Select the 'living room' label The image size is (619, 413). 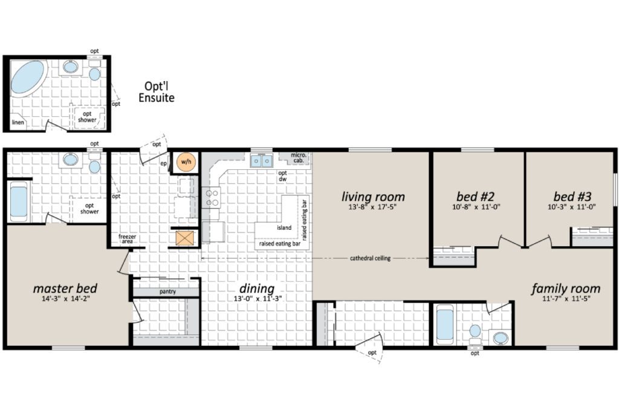[373, 197]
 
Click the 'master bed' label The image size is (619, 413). [65, 288]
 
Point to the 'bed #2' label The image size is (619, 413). [475, 196]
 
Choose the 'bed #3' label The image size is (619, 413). [572, 196]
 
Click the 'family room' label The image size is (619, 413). [566, 288]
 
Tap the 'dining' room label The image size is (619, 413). [257, 288]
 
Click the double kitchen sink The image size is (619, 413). [261, 161]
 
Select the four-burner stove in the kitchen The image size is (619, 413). [211, 198]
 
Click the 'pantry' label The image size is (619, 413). [167, 292]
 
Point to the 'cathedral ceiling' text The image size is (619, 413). [370, 258]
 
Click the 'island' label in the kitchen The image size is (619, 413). [284, 228]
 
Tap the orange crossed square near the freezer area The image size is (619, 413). [185, 238]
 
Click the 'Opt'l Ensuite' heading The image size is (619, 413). [157, 91]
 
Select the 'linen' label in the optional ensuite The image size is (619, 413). [18, 122]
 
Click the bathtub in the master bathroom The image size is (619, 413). [19, 202]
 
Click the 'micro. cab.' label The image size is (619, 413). [299, 158]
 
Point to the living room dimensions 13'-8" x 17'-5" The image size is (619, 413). [372, 206]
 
